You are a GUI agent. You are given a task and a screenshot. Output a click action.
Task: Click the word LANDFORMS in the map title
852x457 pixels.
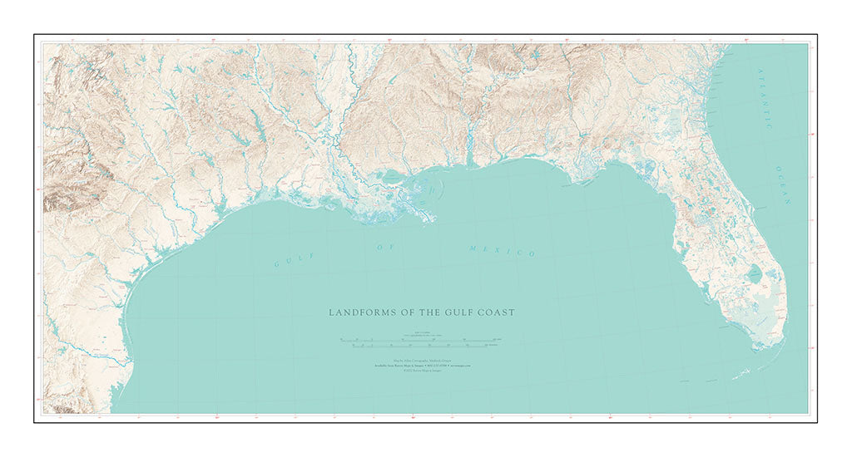(x=358, y=312)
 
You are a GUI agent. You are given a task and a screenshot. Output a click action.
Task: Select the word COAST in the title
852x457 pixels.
(x=500, y=312)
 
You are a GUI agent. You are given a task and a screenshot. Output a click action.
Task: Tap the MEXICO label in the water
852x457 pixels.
(x=502, y=250)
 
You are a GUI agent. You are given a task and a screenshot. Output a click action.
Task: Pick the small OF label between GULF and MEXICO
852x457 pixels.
(x=384, y=247)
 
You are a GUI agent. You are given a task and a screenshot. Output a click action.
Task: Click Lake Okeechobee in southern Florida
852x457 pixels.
(x=753, y=273)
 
